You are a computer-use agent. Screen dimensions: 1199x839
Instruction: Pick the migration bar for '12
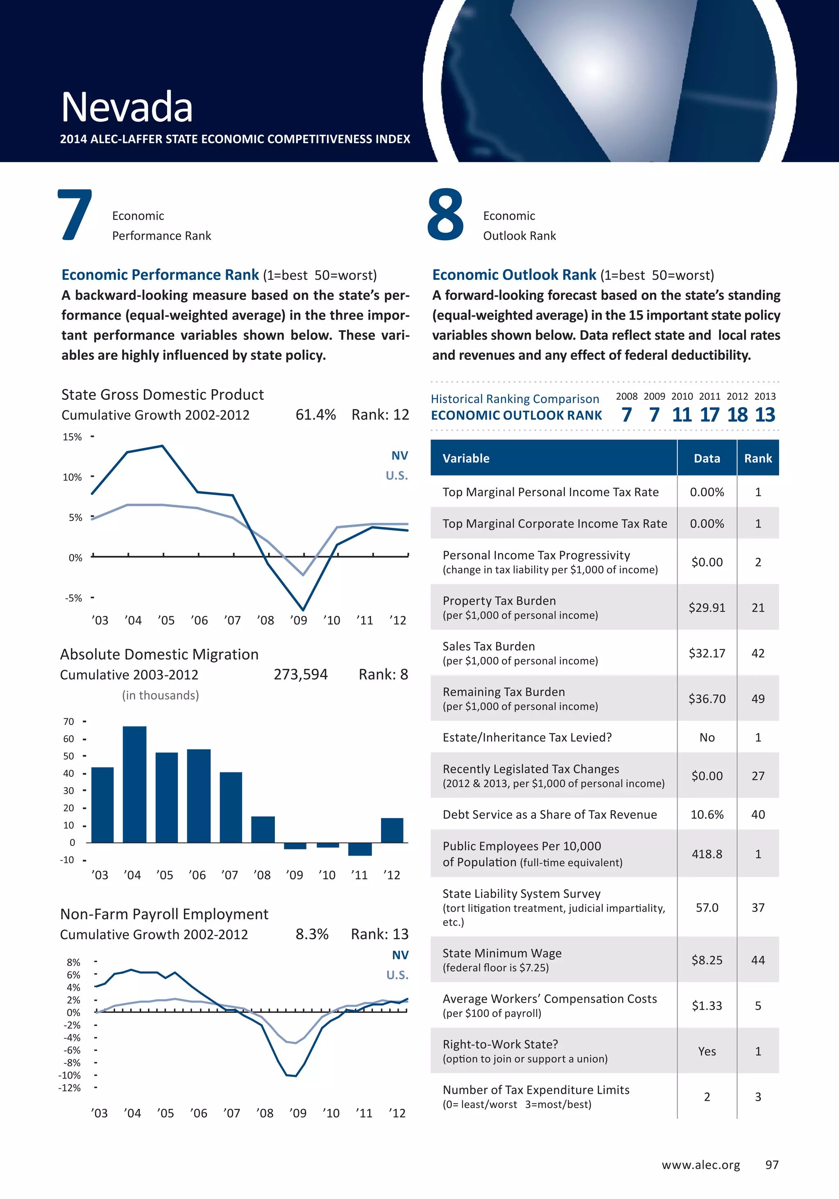pyautogui.click(x=392, y=830)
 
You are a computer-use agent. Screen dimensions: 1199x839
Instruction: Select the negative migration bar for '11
pyautogui.click(x=360, y=849)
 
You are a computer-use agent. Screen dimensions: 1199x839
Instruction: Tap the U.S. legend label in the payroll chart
pyautogui.click(x=397, y=975)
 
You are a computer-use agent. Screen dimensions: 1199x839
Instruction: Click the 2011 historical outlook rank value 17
pyautogui.click(x=709, y=415)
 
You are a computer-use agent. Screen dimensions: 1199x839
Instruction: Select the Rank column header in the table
pyautogui.click(x=757, y=459)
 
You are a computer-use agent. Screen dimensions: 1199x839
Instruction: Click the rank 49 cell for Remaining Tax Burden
pyautogui.click(x=757, y=699)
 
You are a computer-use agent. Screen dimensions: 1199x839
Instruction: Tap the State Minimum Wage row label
pyautogui.click(x=502, y=954)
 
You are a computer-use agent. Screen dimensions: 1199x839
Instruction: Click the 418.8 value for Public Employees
pyautogui.click(x=707, y=854)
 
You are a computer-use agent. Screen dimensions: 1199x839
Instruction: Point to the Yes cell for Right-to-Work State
pyautogui.click(x=707, y=1051)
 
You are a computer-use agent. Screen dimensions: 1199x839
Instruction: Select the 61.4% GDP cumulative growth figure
pyautogui.click(x=315, y=415)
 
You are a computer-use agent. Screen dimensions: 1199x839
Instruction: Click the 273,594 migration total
pyautogui.click(x=301, y=675)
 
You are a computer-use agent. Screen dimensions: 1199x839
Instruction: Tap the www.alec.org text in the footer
pyautogui.click(x=701, y=1165)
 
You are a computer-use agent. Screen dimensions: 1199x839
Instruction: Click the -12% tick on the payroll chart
pyautogui.click(x=70, y=1088)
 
